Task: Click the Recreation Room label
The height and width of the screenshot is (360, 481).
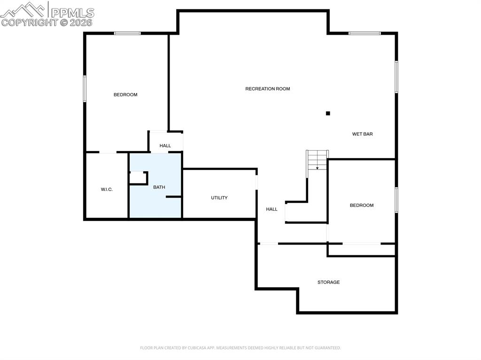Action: [x=267, y=89]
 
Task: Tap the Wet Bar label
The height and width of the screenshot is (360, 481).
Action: [x=362, y=134]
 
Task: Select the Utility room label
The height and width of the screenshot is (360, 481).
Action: [x=219, y=198]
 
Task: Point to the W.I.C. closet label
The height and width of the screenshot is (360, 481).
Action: [x=107, y=190]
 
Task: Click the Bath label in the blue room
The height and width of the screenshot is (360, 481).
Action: [x=159, y=187]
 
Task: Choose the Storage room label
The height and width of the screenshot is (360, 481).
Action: [x=328, y=283]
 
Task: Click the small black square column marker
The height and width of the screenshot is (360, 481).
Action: [x=328, y=113]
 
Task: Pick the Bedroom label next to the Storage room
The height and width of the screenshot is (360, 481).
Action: [x=361, y=206]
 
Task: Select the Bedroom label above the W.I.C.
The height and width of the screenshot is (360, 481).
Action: [x=125, y=95]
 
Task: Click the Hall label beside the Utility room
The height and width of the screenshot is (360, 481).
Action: [x=272, y=209]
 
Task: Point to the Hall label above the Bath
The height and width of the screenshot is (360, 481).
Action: [x=165, y=146]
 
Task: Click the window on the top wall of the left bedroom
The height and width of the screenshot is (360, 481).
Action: [x=127, y=33]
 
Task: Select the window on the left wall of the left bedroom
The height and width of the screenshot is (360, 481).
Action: [x=85, y=89]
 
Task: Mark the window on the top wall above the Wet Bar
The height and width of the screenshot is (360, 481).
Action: [x=365, y=33]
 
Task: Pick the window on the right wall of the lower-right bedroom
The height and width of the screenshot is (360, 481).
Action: [x=396, y=200]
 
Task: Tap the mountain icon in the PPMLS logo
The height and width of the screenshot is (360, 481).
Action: [x=24, y=9]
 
